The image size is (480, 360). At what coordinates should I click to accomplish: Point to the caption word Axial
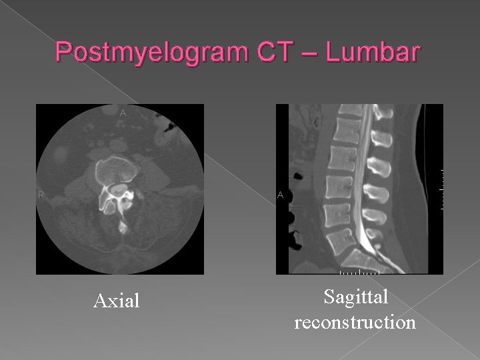[117, 301]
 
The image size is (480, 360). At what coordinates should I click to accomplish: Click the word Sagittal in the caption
[355, 298]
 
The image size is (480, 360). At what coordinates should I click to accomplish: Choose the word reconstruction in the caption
[355, 323]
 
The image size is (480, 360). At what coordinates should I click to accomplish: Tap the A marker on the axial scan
[122, 113]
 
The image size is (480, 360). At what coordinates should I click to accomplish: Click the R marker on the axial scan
[41, 195]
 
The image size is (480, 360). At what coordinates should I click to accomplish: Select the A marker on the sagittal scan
[281, 195]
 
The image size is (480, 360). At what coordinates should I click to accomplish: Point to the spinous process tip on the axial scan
[122, 229]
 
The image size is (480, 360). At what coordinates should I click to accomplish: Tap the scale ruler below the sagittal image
[359, 273]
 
